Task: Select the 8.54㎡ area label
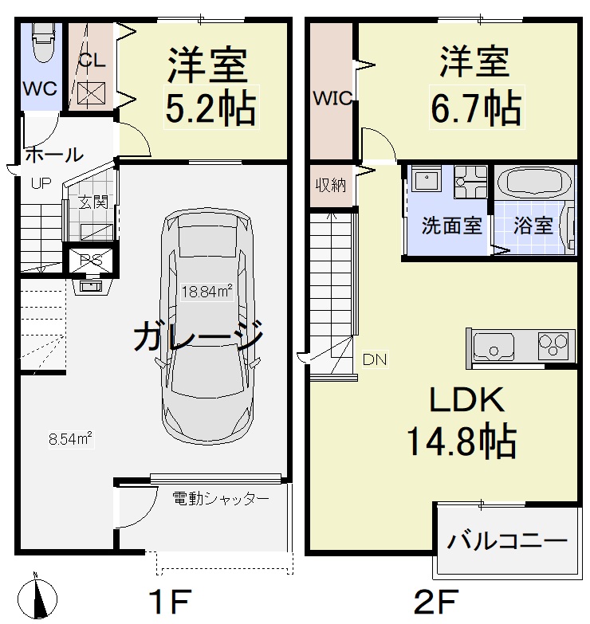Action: tap(70, 437)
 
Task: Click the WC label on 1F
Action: tap(39, 88)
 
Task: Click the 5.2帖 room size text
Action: tap(210, 108)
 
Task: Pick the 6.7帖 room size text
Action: tap(476, 108)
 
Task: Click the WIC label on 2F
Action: tap(332, 99)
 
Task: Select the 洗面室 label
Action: tap(451, 226)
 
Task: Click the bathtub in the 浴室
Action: tap(533, 182)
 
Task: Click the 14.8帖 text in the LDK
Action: tap(462, 439)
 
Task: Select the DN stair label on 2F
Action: tap(375, 359)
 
